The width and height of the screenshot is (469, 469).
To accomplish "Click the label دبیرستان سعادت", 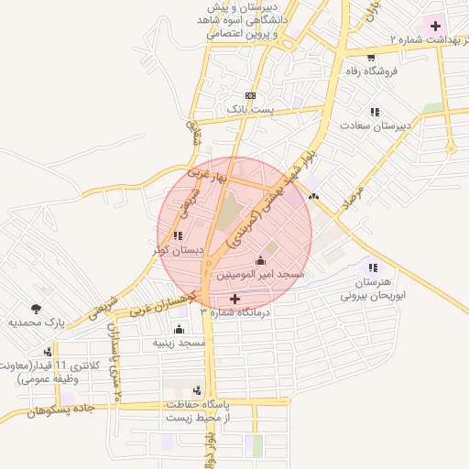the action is click(x=379, y=125).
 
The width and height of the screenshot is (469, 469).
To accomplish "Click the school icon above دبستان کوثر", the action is click(x=177, y=235).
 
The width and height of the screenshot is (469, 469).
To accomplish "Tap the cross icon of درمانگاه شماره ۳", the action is click(x=234, y=299).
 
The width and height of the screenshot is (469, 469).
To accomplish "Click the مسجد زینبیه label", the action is click(x=178, y=343).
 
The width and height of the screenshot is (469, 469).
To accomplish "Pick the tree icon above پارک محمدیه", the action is click(x=37, y=309).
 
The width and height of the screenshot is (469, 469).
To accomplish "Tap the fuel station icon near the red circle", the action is click(x=315, y=195).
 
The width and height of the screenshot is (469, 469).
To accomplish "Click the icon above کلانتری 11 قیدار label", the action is click(x=47, y=351).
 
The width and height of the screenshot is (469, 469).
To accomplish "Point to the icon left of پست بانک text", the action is click(x=250, y=96).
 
